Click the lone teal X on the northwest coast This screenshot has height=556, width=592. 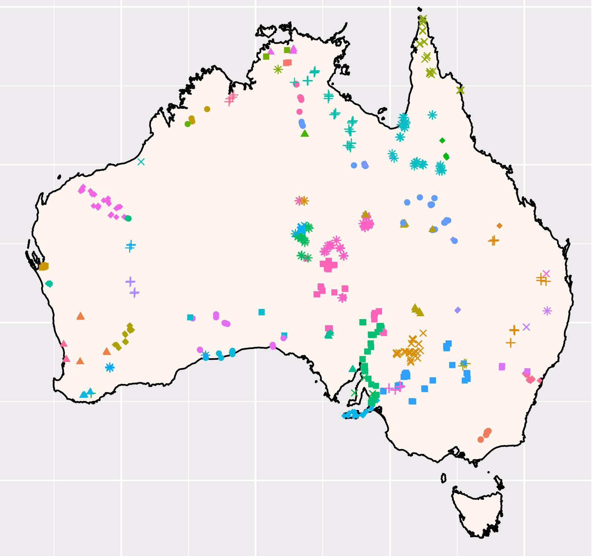141,162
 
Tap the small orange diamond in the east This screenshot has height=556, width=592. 499,226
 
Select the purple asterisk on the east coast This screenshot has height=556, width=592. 547,311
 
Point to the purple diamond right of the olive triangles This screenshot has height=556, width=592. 458,310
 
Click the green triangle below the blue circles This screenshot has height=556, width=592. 305,133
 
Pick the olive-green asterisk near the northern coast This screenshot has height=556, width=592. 278,69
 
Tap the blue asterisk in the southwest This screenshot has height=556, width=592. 109,368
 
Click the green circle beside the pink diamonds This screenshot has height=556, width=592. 128,218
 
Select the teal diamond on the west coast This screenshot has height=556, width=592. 49,284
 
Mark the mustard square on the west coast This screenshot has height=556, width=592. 44,266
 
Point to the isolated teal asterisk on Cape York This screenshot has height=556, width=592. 432,115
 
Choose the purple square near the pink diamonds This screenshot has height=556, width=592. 502,367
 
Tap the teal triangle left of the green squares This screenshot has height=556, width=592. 353,369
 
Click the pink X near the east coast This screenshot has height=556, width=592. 546,274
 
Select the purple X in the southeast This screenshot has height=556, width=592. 526,327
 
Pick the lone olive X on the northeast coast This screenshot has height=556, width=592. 460,90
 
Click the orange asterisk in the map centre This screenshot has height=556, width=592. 304,201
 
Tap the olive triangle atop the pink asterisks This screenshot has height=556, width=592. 366,214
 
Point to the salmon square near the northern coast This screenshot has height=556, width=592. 287,63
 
